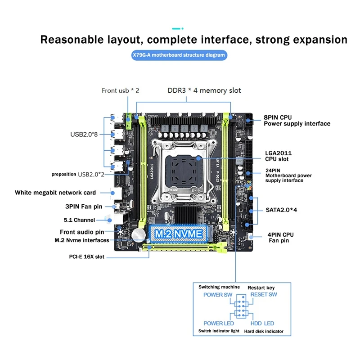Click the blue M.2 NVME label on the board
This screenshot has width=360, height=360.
(179, 234)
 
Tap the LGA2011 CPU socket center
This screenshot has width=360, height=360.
(183, 170)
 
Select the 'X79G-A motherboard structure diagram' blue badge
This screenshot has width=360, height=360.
(179, 55)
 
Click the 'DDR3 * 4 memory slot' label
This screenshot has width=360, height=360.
(204, 90)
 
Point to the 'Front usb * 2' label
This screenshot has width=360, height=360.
(120, 91)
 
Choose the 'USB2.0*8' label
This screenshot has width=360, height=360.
(84, 134)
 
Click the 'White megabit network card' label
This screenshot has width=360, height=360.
(55, 193)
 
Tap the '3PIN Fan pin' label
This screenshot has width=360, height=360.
(84, 207)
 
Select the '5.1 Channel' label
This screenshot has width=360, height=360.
(79, 220)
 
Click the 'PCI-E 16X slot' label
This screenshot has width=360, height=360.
(86, 256)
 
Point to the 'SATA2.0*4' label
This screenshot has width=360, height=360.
(281, 210)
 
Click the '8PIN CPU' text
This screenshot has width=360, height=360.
(278, 117)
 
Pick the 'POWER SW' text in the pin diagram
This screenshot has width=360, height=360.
(218, 295)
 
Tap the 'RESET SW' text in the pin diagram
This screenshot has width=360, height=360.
(264, 295)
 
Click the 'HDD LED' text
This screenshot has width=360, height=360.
(262, 324)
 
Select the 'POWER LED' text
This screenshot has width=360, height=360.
(219, 324)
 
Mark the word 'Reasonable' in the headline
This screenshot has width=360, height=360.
(72, 40)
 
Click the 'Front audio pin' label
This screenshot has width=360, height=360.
(82, 232)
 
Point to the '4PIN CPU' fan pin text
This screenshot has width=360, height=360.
(280, 234)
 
